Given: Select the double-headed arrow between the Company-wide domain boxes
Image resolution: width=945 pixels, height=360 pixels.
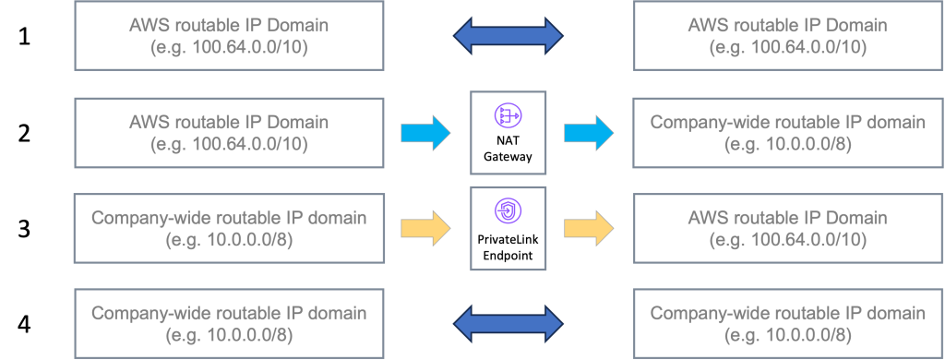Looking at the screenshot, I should [x=508, y=323].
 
